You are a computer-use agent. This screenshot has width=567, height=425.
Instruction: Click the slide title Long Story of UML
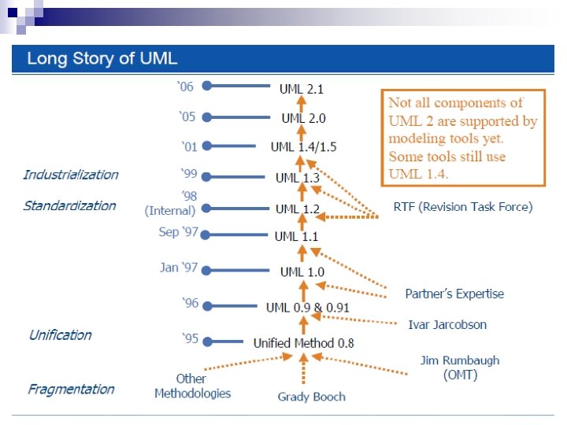click(102, 58)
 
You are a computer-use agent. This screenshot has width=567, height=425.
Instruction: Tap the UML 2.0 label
click(303, 118)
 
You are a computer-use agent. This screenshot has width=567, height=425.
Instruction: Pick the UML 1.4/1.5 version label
click(303, 147)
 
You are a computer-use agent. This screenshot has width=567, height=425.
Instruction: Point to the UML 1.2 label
click(298, 209)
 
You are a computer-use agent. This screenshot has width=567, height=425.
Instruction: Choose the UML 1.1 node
click(297, 236)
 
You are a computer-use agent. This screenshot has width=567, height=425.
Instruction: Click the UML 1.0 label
click(302, 272)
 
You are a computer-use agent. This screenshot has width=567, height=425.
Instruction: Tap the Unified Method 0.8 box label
click(303, 343)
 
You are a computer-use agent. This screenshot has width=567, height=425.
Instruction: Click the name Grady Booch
click(311, 397)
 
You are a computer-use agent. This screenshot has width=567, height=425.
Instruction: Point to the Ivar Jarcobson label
click(447, 324)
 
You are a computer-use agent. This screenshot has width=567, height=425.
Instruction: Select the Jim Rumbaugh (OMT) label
click(460, 368)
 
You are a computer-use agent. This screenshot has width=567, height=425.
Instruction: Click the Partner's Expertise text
click(454, 294)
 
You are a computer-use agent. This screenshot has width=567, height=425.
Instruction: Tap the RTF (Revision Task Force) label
click(462, 207)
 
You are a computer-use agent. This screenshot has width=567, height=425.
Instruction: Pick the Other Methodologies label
click(192, 386)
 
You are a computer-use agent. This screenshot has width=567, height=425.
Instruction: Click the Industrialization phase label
click(71, 175)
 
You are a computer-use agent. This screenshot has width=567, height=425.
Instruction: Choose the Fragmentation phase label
click(71, 389)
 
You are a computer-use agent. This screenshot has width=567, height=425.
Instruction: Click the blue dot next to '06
click(206, 88)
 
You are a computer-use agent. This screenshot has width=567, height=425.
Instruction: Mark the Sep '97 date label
click(179, 233)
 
